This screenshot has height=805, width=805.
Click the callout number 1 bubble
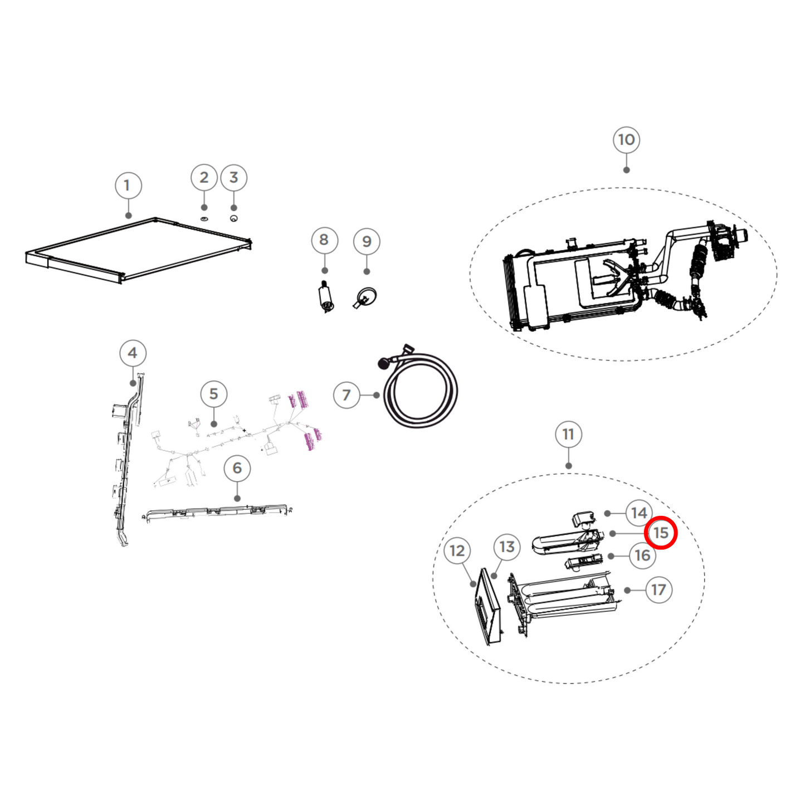coord(128,186)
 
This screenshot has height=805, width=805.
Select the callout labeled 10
coord(626,140)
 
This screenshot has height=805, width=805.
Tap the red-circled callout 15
coord(661,533)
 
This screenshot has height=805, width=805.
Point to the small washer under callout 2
coord(204,218)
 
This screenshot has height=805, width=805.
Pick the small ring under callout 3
coord(233,218)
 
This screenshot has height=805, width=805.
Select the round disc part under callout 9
coord(365,297)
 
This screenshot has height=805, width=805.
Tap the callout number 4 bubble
coord(133,353)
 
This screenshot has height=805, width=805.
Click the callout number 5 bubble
coord(214,394)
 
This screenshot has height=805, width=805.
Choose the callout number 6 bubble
coord(237,469)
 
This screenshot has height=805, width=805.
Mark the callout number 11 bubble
coord(568,435)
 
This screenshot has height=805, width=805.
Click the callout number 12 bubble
coord(457,551)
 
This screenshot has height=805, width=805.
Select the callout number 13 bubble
coord(507,547)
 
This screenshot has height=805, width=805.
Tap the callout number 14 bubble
coord(639,513)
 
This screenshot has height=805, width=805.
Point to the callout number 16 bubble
coord(642,555)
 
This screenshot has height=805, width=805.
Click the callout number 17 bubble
coord(658,590)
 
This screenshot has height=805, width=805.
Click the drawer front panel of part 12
coord(486,607)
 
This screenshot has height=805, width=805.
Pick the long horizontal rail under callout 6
coord(217,511)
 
